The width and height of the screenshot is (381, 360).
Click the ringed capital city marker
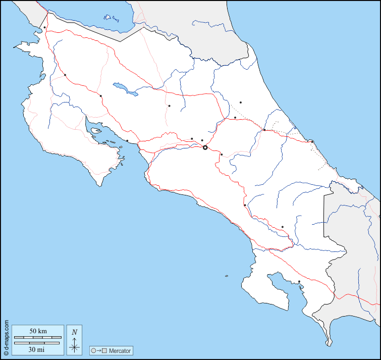pos(205,147)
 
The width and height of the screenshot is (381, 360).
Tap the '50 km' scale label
pos(38,331)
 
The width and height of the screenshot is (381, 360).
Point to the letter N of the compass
pos(74,332)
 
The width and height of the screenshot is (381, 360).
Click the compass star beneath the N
pos(74,346)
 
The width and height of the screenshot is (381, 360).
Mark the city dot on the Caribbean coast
pos(312,141)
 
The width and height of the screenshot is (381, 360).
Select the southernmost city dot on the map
pos(299,282)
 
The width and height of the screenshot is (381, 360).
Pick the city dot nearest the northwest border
pos(44,27)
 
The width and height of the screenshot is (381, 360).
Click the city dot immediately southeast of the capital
pos(222,155)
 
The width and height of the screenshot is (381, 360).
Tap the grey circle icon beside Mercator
pos(93,350)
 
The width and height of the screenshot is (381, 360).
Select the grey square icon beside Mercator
pos(105,350)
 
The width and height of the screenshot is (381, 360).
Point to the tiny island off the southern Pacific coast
pos(227,276)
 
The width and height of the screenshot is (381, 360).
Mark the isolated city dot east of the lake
pos(169,106)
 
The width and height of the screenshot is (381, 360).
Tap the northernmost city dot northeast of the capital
pos(241,102)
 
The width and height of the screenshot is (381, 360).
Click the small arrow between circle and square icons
pos(99,350)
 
